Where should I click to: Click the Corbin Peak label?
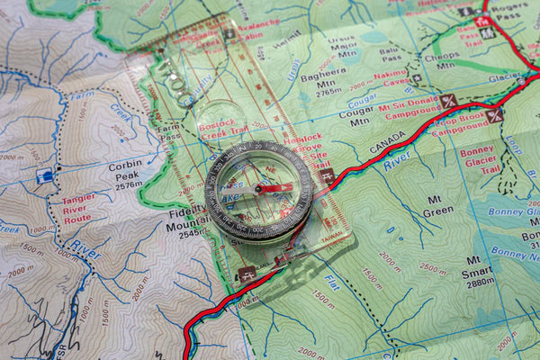pyautogui.click(x=125, y=171)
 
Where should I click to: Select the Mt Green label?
pyautogui.click(x=438, y=204)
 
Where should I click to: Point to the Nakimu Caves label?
pyautogui.click(x=391, y=78)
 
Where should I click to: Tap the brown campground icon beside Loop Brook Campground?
pyautogui.click(x=494, y=115)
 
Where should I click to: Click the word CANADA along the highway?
pyautogui.click(x=388, y=139)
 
